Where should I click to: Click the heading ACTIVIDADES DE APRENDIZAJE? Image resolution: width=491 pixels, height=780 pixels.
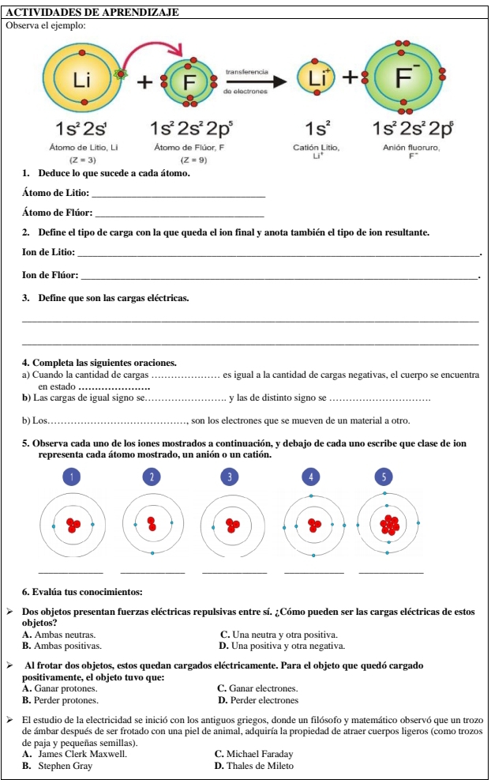[x=92, y=12]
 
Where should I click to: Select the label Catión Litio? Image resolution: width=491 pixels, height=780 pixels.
[x=317, y=148]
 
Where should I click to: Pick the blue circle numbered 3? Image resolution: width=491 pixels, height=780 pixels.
[x=230, y=477]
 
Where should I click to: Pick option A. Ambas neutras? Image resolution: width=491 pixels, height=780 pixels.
[x=60, y=634]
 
